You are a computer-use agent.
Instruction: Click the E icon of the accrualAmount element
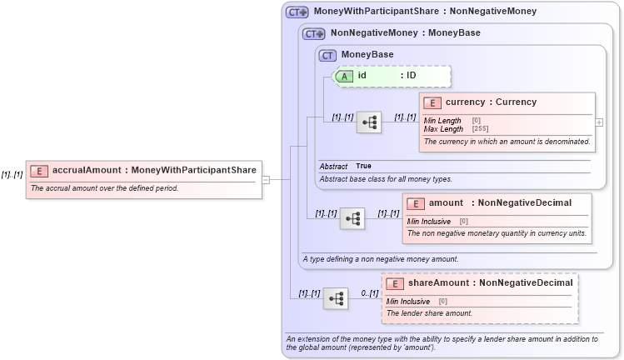click(39, 171)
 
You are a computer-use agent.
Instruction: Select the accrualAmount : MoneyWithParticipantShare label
click(154, 171)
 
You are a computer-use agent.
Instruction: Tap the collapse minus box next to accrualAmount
click(266, 178)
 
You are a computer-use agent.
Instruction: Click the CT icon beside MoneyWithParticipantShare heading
click(297, 12)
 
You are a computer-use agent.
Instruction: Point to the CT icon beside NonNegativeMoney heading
click(313, 34)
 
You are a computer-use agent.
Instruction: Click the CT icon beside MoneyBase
click(328, 55)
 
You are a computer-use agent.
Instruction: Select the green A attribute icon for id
click(344, 76)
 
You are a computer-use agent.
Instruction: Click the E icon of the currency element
click(432, 103)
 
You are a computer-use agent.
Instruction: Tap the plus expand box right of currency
click(599, 122)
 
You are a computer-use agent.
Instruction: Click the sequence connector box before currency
click(368, 122)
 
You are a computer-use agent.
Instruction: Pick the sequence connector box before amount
click(352, 218)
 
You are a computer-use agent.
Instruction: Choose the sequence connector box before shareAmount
click(335, 298)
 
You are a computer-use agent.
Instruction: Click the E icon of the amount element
click(416, 203)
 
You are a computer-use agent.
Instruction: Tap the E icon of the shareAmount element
click(395, 284)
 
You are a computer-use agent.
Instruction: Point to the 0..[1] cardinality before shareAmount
click(369, 293)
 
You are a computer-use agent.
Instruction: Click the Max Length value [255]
click(480, 129)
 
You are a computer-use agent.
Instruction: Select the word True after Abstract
click(363, 166)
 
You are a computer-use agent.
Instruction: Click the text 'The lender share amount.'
click(429, 313)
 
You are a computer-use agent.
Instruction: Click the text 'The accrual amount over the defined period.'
click(104, 188)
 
